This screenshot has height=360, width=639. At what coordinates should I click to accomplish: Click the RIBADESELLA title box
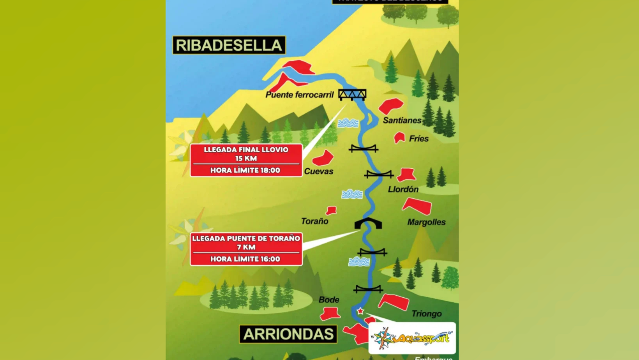tap(229, 45)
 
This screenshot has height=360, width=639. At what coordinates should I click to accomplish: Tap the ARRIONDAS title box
tap(288, 334)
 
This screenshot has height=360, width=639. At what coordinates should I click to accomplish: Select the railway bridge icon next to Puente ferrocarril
tap(352, 95)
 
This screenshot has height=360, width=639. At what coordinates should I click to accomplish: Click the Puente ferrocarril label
tap(299, 95)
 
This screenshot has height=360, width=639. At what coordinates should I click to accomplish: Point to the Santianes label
tap(402, 120)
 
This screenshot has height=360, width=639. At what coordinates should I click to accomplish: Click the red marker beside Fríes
tap(399, 138)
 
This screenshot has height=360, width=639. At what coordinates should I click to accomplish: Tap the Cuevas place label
tap(318, 171)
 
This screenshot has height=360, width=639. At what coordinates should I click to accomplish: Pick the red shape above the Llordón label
tap(406, 175)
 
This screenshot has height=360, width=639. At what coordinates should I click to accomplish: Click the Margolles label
tap(426, 222)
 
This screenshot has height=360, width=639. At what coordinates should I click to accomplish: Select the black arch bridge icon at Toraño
tap(368, 224)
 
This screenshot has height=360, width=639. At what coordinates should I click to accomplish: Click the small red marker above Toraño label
tap(331, 211)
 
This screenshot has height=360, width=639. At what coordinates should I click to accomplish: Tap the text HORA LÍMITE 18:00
tap(245, 170)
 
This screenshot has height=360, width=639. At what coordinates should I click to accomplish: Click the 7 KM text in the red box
tap(246, 247)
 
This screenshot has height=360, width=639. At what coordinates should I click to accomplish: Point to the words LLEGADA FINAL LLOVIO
tap(246, 150)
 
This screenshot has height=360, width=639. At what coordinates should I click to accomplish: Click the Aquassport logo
tap(412, 338)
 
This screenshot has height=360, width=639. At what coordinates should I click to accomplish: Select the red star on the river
tap(360, 311)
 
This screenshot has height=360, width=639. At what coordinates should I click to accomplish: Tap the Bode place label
tap(328, 300)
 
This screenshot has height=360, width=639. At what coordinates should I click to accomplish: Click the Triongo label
tap(426, 314)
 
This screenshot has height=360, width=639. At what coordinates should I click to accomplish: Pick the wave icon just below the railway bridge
tap(348, 124)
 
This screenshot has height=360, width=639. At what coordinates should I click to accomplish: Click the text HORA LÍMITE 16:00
tap(245, 259)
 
